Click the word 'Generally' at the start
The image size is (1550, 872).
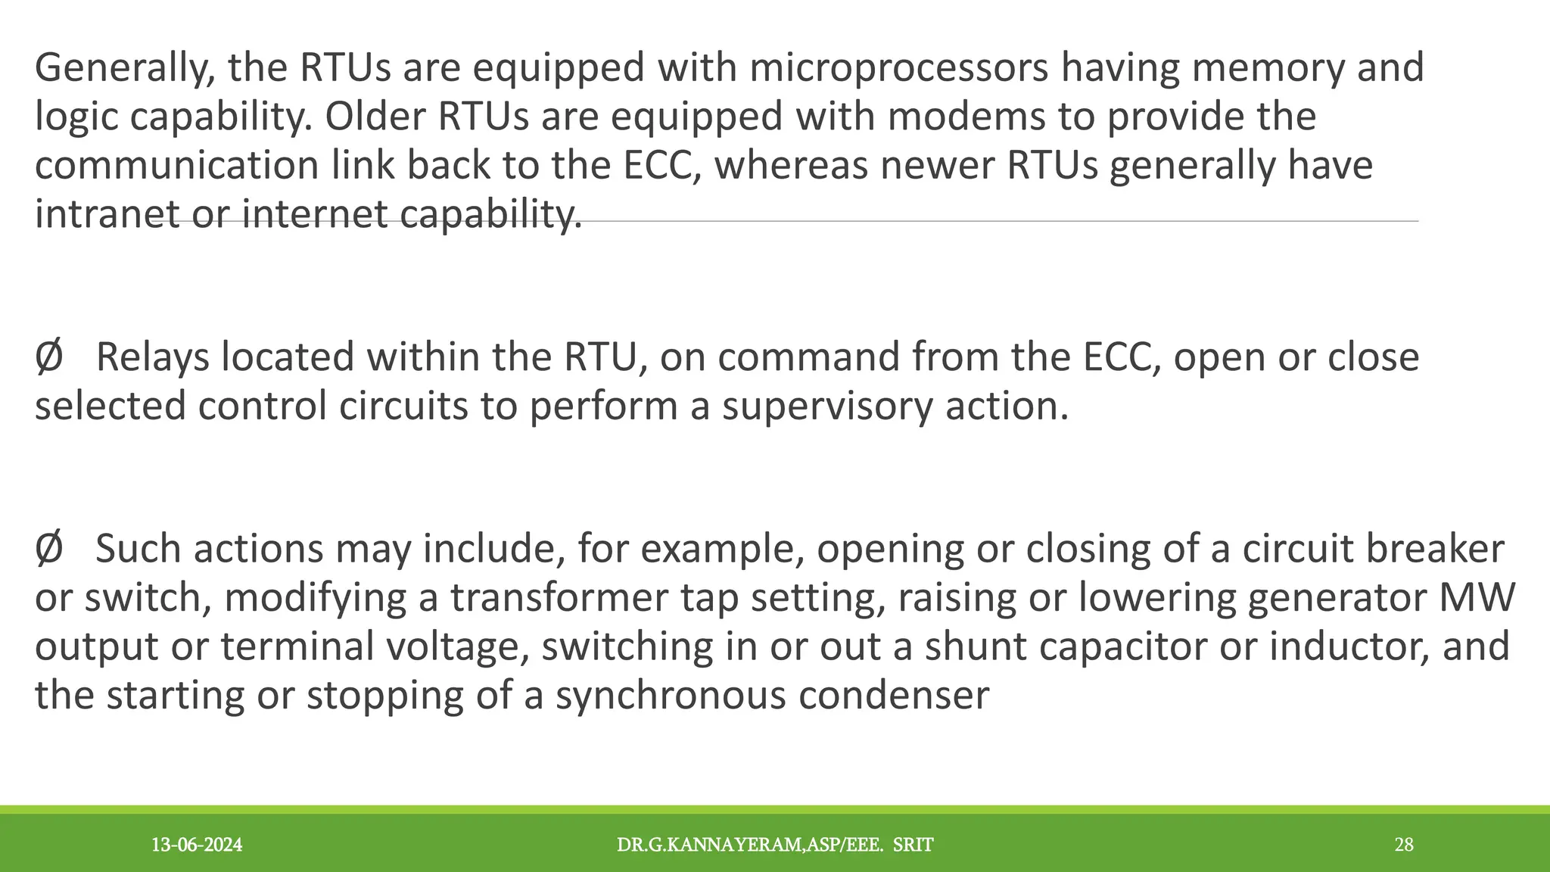(x=120, y=68)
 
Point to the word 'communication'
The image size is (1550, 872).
(x=176, y=166)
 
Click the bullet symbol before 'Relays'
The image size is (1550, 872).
(x=48, y=357)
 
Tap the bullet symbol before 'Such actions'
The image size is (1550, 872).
(x=48, y=549)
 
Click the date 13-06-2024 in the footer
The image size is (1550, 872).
(x=197, y=845)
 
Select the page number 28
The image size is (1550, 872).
(x=1404, y=845)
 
